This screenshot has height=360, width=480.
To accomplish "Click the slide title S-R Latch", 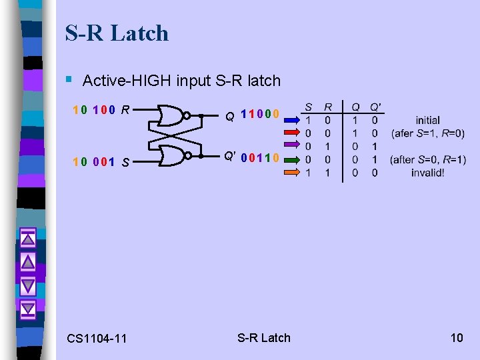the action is pyautogui.click(x=117, y=33).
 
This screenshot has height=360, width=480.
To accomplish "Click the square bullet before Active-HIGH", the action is pyautogui.click(x=69, y=80).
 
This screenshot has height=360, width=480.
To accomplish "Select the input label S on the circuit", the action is pyautogui.click(x=125, y=161).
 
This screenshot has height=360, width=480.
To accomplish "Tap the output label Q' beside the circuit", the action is pyautogui.click(x=229, y=157).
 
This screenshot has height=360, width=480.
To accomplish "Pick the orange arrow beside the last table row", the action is pyautogui.click(x=291, y=172).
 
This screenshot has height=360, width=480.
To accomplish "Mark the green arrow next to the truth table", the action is pyautogui.click(x=291, y=159).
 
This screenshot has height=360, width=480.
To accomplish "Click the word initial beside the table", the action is pyautogui.click(x=427, y=121).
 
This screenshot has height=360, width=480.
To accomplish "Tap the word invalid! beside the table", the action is pyautogui.click(x=428, y=173).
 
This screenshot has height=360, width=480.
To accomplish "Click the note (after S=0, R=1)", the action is pyautogui.click(x=428, y=159).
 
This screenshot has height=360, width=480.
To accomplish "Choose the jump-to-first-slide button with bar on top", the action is pyautogui.click(x=28, y=239).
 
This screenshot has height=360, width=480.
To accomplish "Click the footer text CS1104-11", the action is pyautogui.click(x=97, y=339).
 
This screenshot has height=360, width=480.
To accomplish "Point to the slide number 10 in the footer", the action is pyautogui.click(x=457, y=337).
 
